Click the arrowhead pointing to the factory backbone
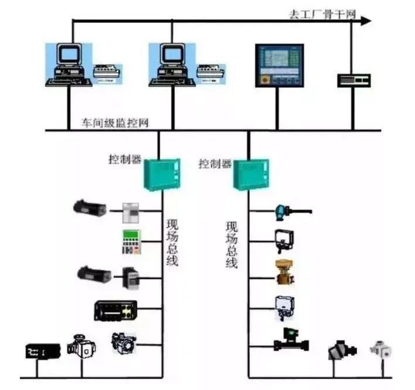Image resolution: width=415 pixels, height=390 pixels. [x=366, y=22]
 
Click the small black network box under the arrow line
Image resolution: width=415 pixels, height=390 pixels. [x=354, y=80]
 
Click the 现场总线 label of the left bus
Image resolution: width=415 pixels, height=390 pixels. [x=172, y=242]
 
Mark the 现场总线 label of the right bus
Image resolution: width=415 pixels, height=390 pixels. [x=232, y=244]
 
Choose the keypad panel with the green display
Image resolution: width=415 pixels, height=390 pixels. [x=132, y=242]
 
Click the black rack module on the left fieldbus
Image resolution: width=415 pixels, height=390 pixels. [x=116, y=310]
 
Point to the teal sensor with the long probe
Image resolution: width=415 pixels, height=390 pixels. [x=290, y=210]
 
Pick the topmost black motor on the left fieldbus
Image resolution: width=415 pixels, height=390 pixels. [x=90, y=206]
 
